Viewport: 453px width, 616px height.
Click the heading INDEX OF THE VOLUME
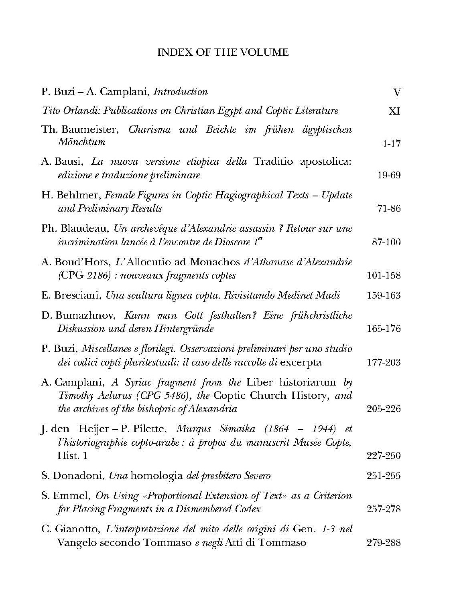[223, 52]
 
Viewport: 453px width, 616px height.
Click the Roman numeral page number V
[397, 93]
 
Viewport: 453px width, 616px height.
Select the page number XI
[394, 111]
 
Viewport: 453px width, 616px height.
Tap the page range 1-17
[391, 143]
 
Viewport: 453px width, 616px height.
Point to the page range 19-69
[389, 175]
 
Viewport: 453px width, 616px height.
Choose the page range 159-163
[384, 295]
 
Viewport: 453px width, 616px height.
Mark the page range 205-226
[384, 409]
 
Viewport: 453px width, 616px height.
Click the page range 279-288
[384, 543]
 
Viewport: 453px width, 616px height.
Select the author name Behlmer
[81, 195]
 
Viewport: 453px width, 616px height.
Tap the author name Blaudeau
[86, 229]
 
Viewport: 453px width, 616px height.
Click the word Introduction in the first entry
[181, 92]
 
